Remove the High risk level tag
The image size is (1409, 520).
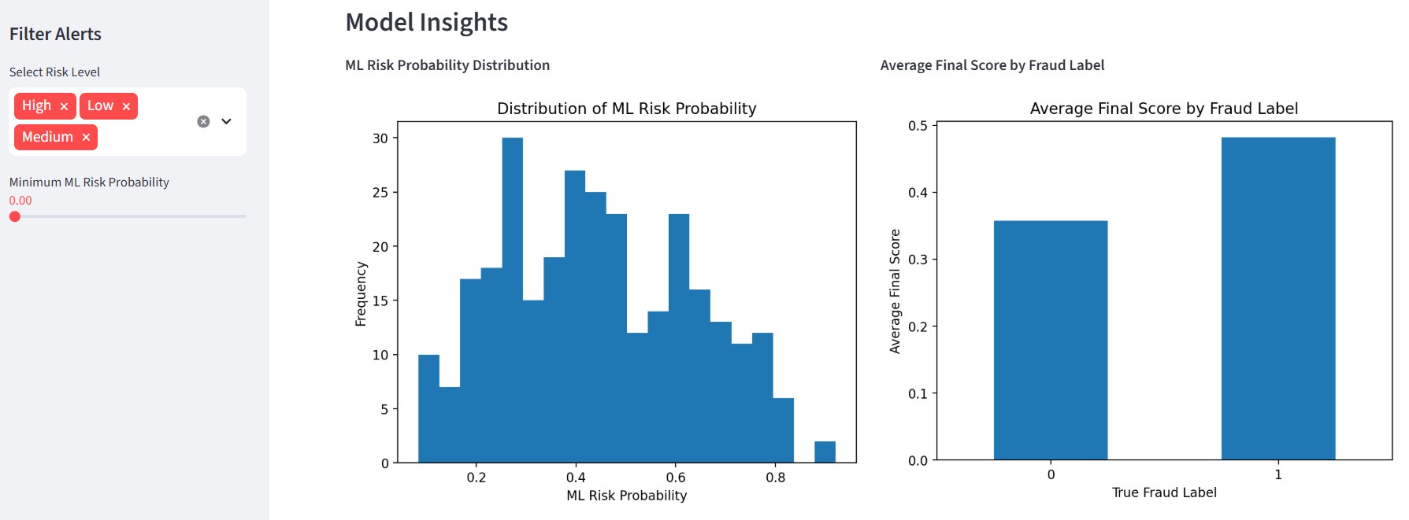point(64,106)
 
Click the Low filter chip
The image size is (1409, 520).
point(100,105)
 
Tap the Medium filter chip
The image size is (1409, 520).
point(47,137)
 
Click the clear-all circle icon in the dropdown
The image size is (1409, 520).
point(203,121)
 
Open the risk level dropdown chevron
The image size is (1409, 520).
point(227,121)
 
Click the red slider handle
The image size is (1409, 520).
point(15,216)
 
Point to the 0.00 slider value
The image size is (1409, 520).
point(20,201)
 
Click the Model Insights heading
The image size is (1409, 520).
point(426,22)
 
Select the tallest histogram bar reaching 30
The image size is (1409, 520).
point(513,299)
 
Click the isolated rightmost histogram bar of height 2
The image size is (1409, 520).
point(825,452)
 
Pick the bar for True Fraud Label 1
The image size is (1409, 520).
point(1277,299)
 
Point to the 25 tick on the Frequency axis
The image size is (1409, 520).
point(380,193)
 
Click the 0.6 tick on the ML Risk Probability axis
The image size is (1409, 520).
point(675,478)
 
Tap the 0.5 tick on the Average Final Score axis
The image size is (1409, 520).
point(918,126)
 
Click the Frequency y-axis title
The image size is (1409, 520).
point(361,293)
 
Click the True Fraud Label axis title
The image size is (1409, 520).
point(1163,492)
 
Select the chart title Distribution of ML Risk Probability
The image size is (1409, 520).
point(626,109)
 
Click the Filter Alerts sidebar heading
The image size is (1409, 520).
point(55,34)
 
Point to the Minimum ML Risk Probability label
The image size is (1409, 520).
point(89,182)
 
